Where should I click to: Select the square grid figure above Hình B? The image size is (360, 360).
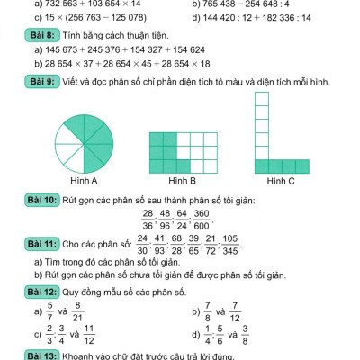click(x=175, y=149)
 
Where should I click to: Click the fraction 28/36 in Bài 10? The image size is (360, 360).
click(x=148, y=220)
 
